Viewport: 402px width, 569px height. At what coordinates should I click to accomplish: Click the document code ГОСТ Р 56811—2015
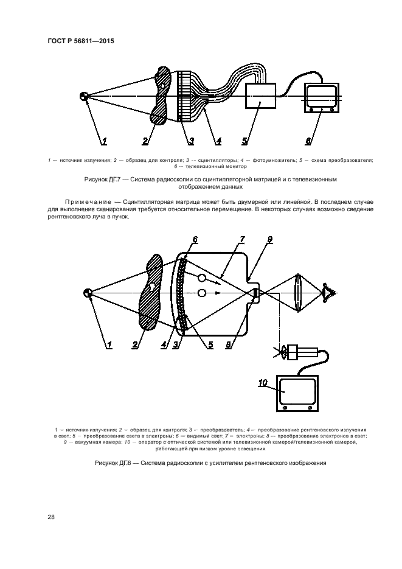(81, 41)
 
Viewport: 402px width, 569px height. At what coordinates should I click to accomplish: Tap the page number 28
(51, 517)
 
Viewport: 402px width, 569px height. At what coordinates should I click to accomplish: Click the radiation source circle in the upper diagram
(85, 97)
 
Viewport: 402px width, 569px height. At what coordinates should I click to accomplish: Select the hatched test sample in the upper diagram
(162, 96)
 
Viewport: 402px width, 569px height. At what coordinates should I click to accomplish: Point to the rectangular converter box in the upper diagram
(260, 96)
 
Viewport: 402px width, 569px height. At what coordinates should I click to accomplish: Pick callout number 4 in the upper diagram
(218, 141)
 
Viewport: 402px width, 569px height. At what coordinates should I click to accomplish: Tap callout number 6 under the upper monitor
(308, 141)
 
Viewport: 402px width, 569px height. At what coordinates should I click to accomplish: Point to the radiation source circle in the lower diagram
(89, 294)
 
